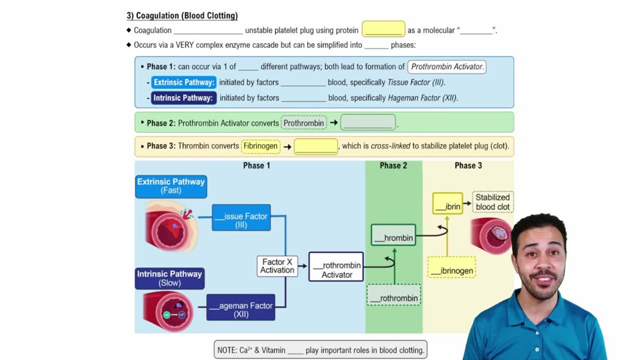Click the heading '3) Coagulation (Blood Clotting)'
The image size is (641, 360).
coord(182,15)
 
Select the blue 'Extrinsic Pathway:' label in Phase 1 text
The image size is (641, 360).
coord(183,83)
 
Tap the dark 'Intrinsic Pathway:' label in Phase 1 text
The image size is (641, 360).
coord(183,98)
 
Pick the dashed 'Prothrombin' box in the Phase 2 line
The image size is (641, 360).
coord(304,123)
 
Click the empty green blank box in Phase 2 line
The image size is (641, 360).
coord(368,122)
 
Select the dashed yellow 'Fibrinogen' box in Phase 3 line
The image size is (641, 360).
coord(260,146)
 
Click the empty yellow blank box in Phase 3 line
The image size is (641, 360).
coord(315,146)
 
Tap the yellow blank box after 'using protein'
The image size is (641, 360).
coord(383,29)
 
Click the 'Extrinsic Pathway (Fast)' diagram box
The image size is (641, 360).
coord(171,186)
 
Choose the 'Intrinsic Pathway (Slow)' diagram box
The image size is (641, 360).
coord(170,278)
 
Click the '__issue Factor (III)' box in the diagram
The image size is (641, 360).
coord(241,220)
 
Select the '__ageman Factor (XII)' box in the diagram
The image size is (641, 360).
coord(241,310)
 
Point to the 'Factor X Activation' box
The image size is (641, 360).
coord(277,266)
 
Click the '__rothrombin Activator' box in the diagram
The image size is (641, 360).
coord(337,270)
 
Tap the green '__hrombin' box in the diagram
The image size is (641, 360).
coord(394,238)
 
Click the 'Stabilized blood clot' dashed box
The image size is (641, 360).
coord(492,202)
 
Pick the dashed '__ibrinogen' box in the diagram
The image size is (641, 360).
coord(452,271)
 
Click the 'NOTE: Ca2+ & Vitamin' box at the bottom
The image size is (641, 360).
coord(320,350)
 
